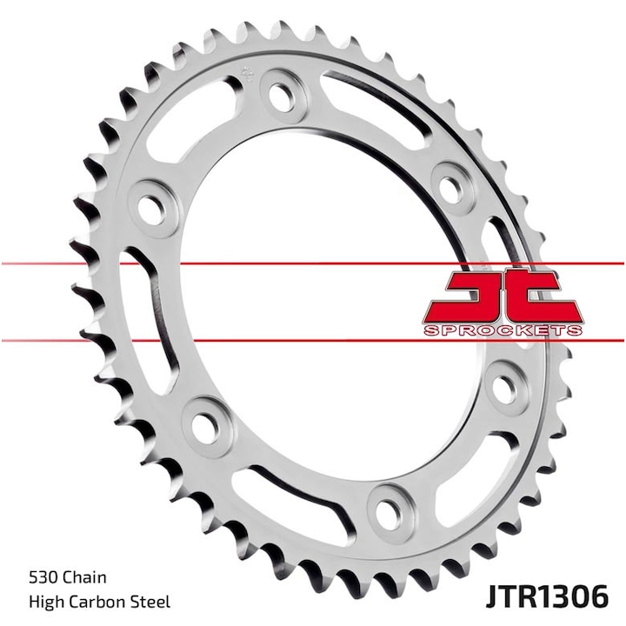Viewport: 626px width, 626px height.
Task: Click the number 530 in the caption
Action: pos(43,576)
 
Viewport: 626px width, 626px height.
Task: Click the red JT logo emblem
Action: pos(503,298)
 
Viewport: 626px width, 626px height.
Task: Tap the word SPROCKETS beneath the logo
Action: pos(503,331)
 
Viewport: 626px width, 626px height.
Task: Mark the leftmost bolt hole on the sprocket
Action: pos(154,206)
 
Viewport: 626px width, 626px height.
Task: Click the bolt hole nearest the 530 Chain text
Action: pos(206,426)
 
